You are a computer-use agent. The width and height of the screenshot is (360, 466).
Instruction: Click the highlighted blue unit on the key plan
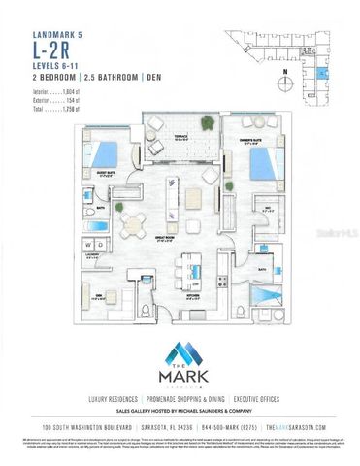click(321, 75)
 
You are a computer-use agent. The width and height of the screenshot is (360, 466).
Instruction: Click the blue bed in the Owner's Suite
click(264, 160)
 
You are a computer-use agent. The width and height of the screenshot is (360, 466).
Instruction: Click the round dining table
click(133, 220)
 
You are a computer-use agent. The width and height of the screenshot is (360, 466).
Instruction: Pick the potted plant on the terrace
click(207, 121)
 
